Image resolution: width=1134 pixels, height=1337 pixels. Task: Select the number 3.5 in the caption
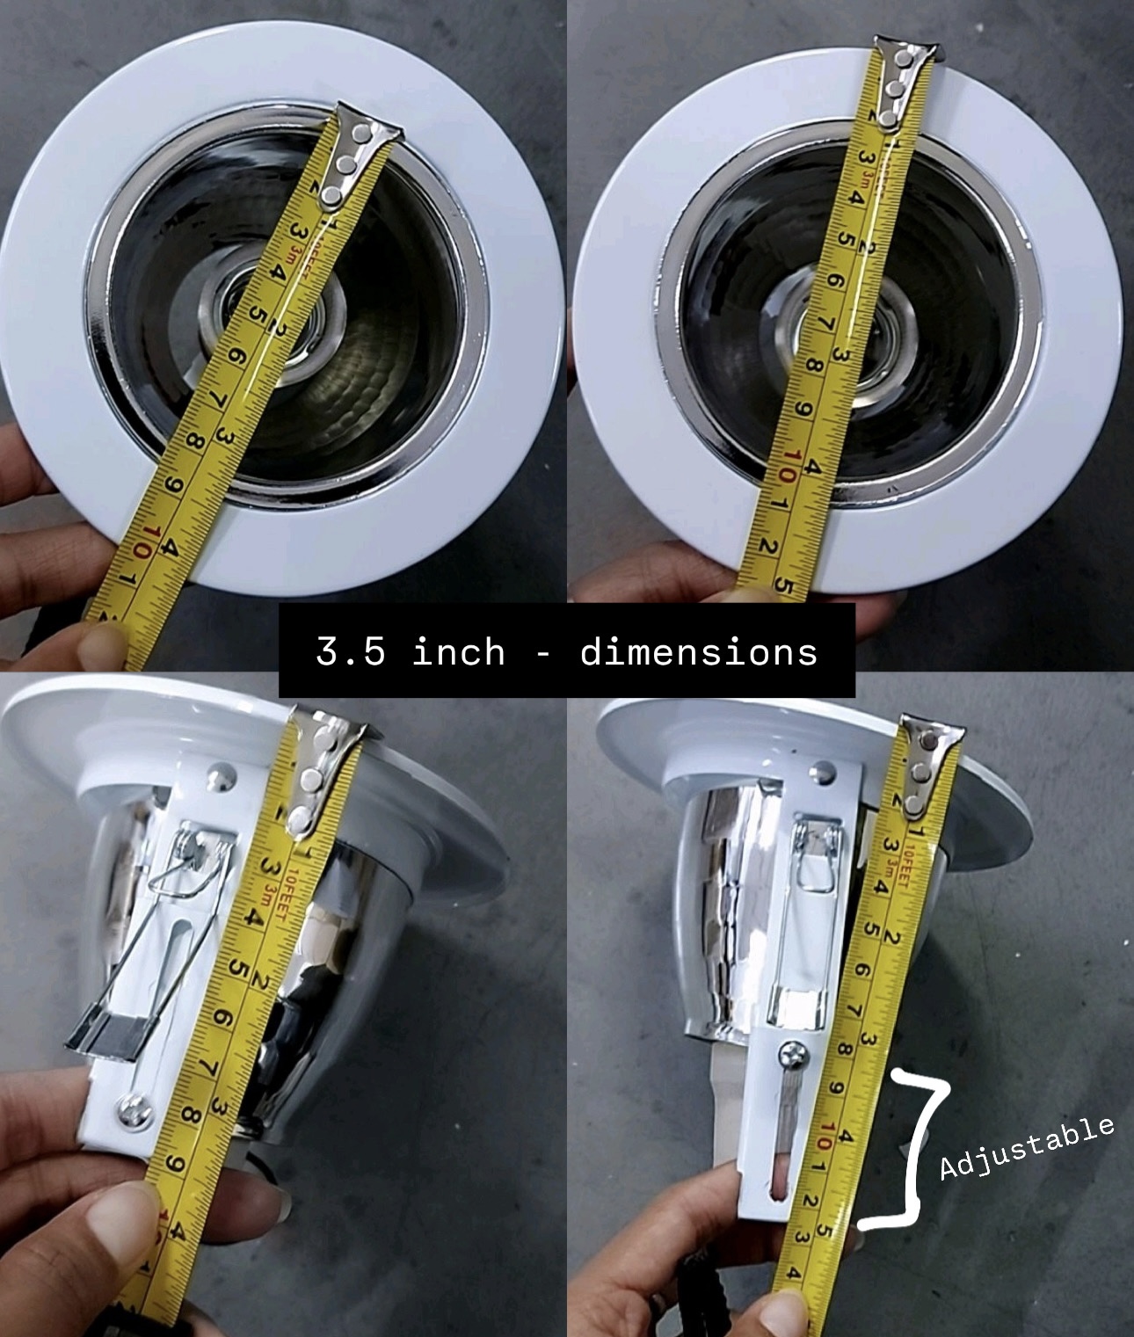tap(350, 652)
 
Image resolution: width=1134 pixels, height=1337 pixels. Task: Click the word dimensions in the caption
tap(699, 652)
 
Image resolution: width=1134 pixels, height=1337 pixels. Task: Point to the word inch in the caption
tap(459, 652)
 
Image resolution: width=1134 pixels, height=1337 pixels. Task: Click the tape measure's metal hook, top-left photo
tap(355, 154)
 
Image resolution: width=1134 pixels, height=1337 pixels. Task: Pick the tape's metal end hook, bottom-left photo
tap(321, 774)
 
